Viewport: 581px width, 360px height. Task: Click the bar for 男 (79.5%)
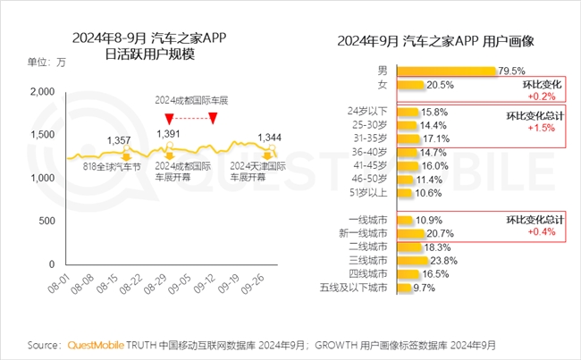pos(445,71)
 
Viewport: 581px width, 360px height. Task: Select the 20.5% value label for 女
pos(441,85)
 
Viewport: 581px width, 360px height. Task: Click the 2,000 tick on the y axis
pos(42,92)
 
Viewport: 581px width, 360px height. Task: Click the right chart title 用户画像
pos(526,41)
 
